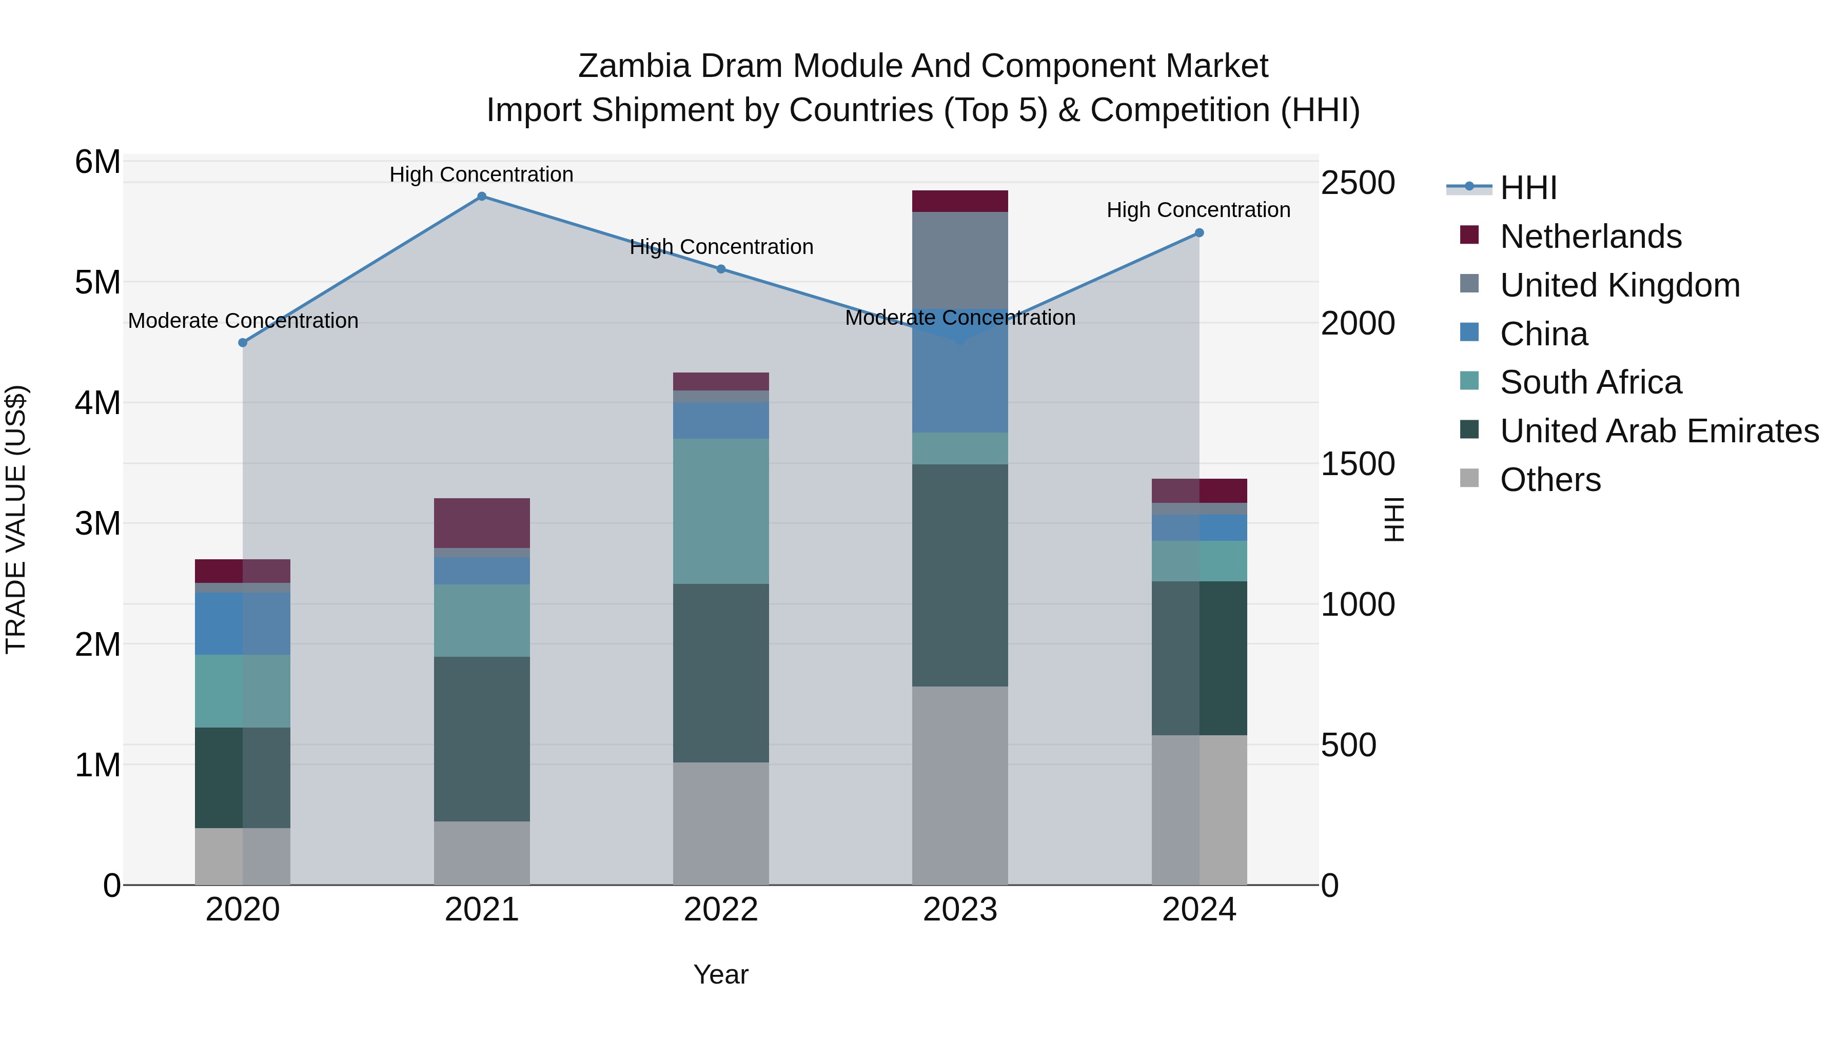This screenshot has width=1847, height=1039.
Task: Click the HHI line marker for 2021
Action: click(x=482, y=197)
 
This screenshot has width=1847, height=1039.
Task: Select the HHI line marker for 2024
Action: click(x=1200, y=233)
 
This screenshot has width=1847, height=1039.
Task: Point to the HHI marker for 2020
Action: click(x=243, y=343)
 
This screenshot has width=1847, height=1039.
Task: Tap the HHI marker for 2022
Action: click(x=721, y=269)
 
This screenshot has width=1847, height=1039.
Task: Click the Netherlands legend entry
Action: click(x=1590, y=237)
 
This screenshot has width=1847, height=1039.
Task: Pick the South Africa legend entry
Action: click(x=1590, y=382)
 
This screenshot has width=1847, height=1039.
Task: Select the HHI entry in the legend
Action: click(x=1527, y=188)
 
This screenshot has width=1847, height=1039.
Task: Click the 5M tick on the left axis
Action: click(x=97, y=283)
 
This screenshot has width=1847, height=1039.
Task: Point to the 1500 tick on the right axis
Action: click(x=1357, y=464)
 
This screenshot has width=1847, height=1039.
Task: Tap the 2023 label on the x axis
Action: click(x=960, y=910)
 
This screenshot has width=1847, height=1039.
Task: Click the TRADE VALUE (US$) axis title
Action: click(x=16, y=519)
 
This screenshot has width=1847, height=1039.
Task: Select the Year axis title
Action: click(x=721, y=974)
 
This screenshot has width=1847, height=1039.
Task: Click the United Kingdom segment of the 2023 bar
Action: click(x=960, y=260)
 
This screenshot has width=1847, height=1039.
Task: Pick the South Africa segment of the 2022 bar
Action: click(x=721, y=511)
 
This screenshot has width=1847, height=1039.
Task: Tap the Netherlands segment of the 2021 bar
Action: click(x=482, y=523)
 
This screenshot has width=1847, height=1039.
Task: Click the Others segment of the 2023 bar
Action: click(x=960, y=785)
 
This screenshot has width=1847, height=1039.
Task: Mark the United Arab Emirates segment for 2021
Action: click(x=482, y=738)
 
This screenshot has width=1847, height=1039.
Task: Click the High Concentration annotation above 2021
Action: click(x=481, y=175)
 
